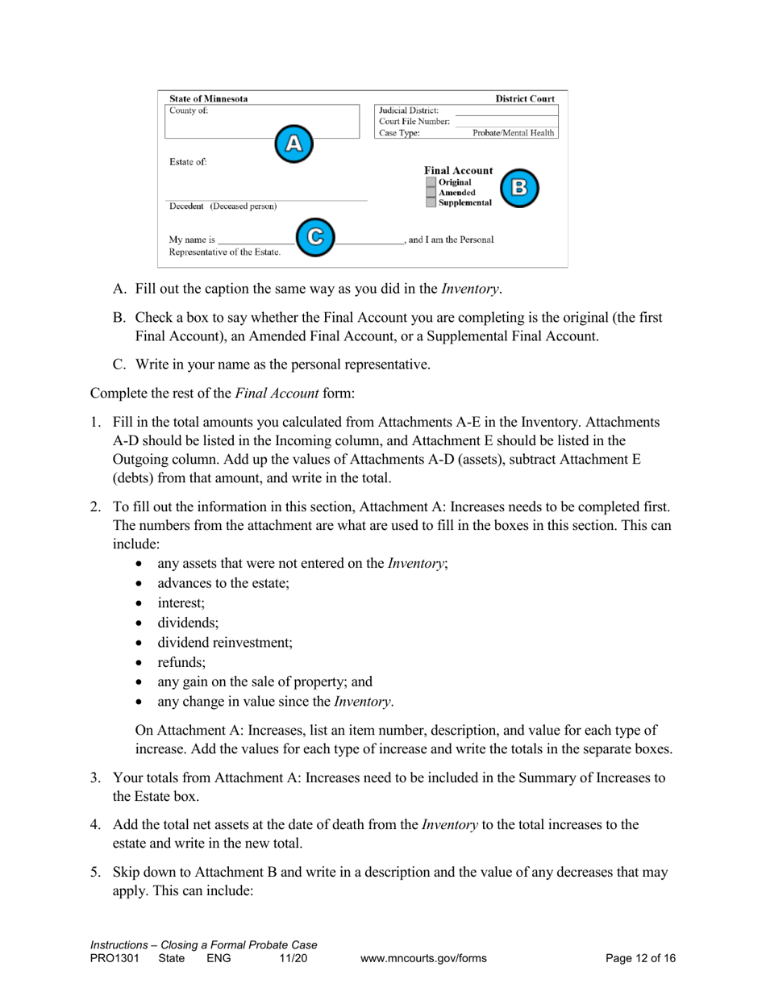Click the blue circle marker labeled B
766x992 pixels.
coord(519,188)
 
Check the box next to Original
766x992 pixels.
coord(431,182)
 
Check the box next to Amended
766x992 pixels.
coord(431,193)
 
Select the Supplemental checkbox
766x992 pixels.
coord(431,202)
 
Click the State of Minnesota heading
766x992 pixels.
coord(208,99)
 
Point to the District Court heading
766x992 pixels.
coord(524,99)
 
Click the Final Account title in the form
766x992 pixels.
coord(458,171)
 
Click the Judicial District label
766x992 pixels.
coord(409,110)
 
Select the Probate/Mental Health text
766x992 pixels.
coord(513,133)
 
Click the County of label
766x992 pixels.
coord(188,110)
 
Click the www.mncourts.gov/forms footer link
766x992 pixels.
coord(424,959)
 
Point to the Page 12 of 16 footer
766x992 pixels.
coord(640,959)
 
